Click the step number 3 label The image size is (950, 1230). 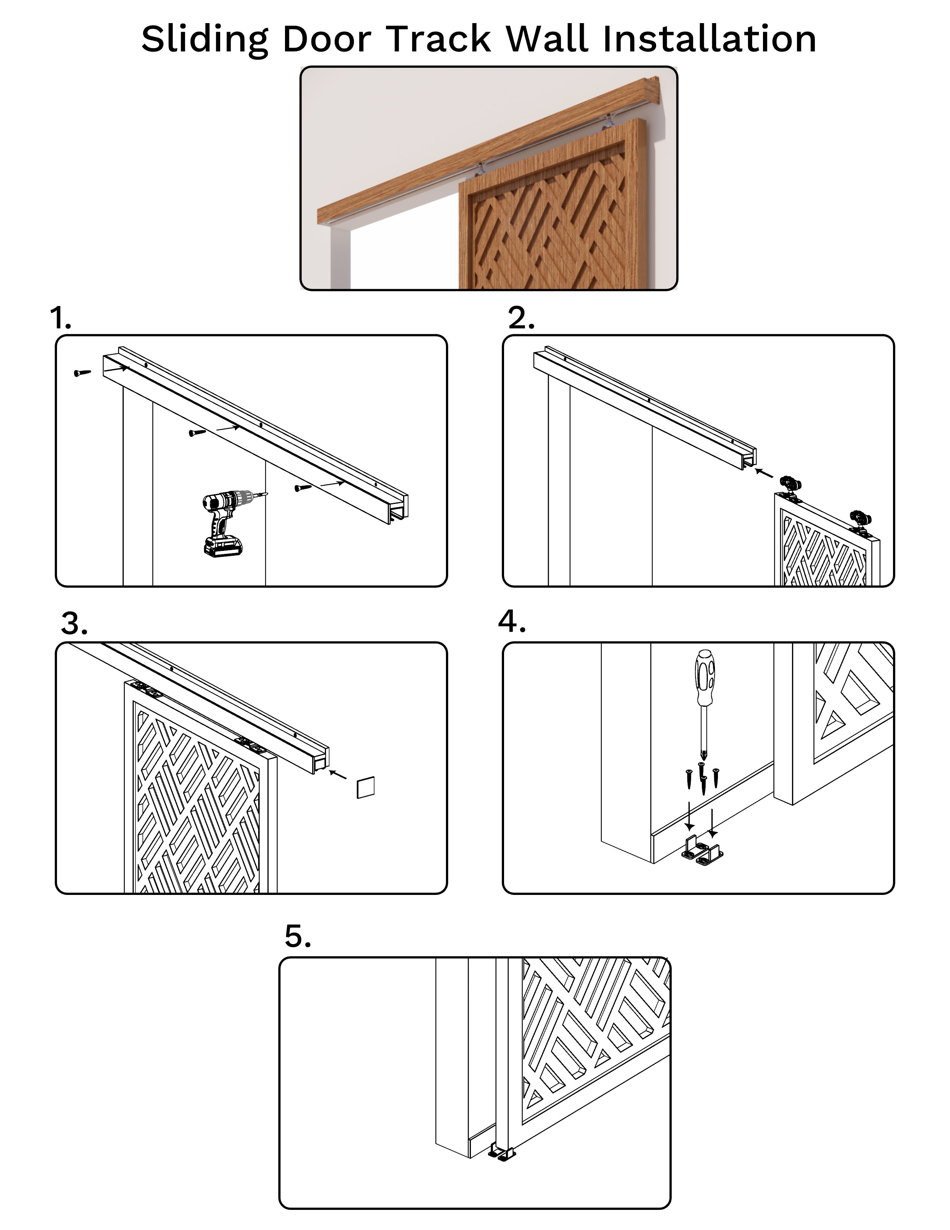pos(74,624)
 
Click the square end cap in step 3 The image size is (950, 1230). pos(365,787)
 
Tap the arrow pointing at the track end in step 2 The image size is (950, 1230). pos(764,472)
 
